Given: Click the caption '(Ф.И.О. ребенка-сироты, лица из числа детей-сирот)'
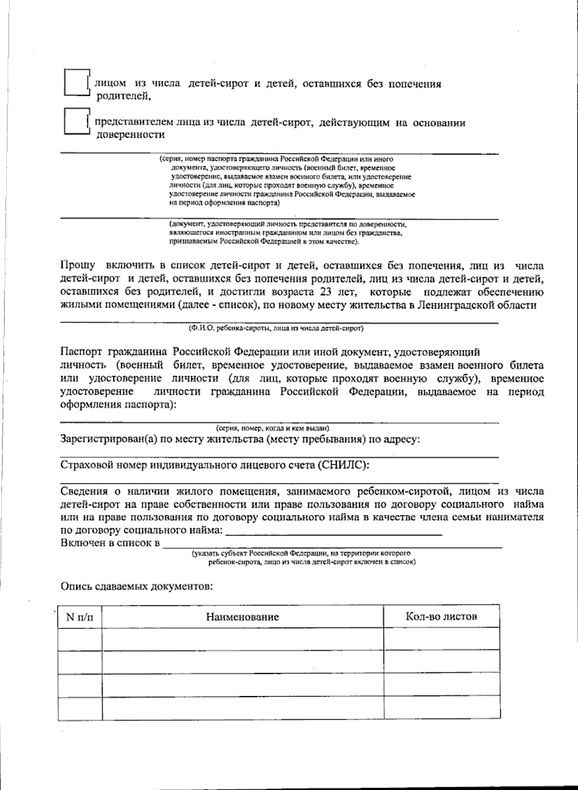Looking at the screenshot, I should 276,329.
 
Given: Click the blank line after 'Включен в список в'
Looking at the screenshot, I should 332,545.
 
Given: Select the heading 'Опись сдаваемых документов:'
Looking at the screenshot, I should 136,587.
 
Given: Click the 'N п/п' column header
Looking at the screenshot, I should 80,617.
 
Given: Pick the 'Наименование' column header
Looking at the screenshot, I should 242,617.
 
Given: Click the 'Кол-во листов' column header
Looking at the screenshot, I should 441,616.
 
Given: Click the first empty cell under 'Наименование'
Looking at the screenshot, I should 242,640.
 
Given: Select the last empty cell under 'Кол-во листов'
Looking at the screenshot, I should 441,708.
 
